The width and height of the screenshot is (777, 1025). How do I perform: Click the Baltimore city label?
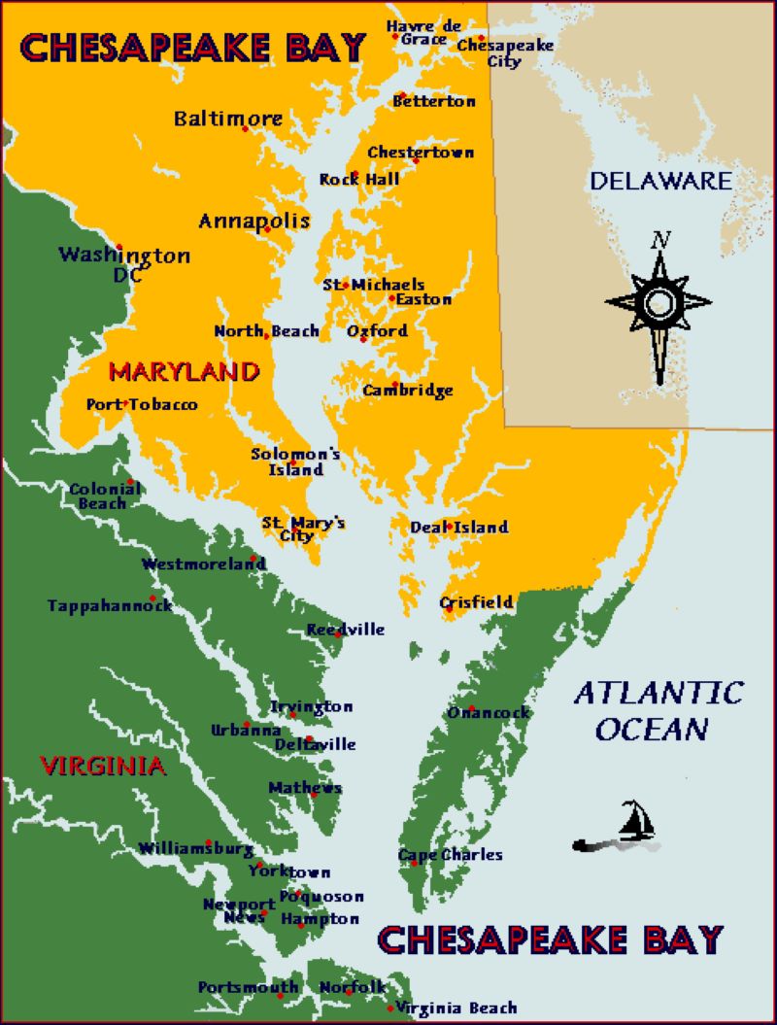click(228, 119)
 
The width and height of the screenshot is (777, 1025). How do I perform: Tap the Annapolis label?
click(253, 221)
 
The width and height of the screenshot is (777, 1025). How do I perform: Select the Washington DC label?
click(124, 264)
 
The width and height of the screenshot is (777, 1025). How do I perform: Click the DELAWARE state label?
click(660, 180)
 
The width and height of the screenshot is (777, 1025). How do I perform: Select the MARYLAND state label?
click(184, 371)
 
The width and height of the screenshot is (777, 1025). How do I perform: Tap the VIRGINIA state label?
click(103, 766)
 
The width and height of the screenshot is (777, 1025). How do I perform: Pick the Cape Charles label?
click(451, 855)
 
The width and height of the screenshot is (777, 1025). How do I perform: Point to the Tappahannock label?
click(110, 606)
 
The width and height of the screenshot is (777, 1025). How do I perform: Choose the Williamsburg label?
click(195, 848)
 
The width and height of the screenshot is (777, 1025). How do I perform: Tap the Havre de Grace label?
click(422, 32)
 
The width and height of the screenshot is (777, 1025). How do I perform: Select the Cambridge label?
click(408, 391)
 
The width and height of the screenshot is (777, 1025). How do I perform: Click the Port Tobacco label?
click(142, 404)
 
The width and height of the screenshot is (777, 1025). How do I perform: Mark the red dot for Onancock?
click(471, 707)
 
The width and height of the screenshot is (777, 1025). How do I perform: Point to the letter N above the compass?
click(660, 239)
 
